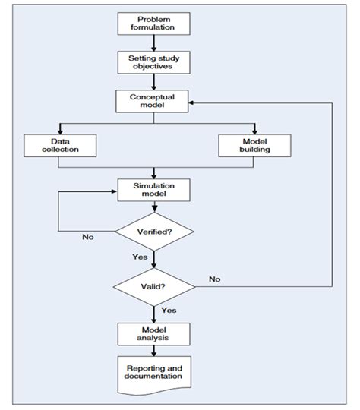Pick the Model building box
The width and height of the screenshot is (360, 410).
(254, 146)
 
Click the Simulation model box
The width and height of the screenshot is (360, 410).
(154, 190)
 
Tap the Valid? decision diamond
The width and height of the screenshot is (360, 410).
(154, 287)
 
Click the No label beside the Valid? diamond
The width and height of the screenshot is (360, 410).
(215, 279)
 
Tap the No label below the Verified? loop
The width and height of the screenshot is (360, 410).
(88, 237)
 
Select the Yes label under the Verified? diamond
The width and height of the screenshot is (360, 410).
(140, 257)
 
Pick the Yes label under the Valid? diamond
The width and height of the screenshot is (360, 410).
(169, 311)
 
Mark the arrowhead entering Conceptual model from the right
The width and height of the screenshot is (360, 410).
(195, 101)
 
